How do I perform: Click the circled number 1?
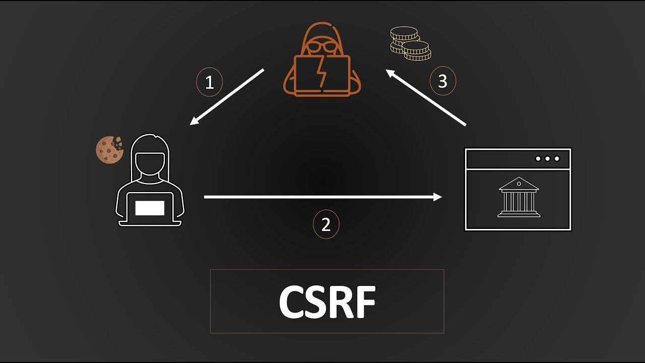point(209,82)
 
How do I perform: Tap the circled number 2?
point(326,224)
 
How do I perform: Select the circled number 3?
point(442,81)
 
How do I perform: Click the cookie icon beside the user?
point(109,150)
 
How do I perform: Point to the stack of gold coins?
point(410,43)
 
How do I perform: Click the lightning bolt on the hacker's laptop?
point(321,74)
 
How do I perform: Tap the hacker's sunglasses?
point(322,47)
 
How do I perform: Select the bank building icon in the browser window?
point(519,197)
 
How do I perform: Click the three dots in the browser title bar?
point(547,159)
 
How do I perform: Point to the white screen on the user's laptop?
point(150,208)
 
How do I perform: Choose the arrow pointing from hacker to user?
point(227,97)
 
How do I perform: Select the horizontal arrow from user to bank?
point(322,197)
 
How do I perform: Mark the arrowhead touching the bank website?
point(437,197)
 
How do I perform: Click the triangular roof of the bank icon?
point(519,184)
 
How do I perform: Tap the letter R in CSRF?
point(342,302)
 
